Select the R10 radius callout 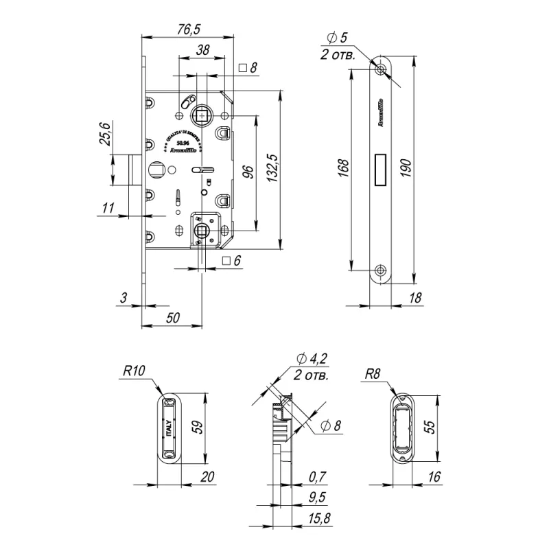(134, 371)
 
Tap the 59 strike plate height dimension (196, 428)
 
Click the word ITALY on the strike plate (168, 428)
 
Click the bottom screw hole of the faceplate (381, 269)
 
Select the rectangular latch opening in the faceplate (381, 169)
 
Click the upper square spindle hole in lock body (202, 114)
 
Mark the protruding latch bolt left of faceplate (133, 170)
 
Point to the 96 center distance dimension (248, 171)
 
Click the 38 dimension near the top (202, 49)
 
